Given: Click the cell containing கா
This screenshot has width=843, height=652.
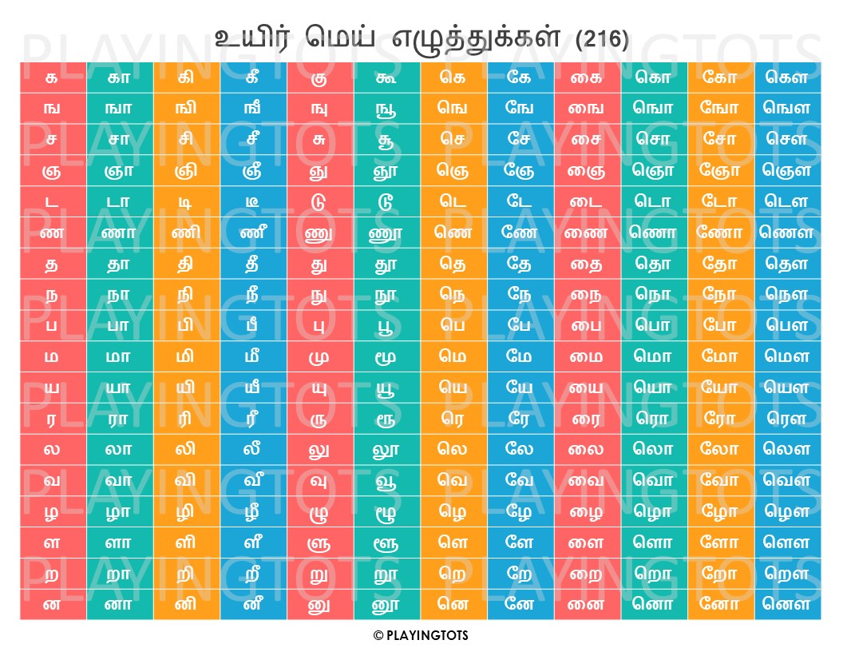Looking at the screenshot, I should click(x=120, y=78).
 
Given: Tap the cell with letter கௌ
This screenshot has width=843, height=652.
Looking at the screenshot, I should click(x=787, y=78).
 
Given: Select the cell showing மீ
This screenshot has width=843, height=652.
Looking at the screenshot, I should click(x=253, y=356).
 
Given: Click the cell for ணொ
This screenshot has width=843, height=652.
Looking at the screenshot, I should click(x=654, y=233).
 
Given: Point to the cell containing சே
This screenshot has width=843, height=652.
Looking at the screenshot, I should click(x=520, y=139).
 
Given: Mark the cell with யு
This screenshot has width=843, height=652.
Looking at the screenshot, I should click(x=320, y=387).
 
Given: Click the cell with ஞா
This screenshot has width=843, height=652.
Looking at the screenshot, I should click(x=120, y=169).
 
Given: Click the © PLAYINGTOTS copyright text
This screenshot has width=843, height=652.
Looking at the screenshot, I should click(x=421, y=636).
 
